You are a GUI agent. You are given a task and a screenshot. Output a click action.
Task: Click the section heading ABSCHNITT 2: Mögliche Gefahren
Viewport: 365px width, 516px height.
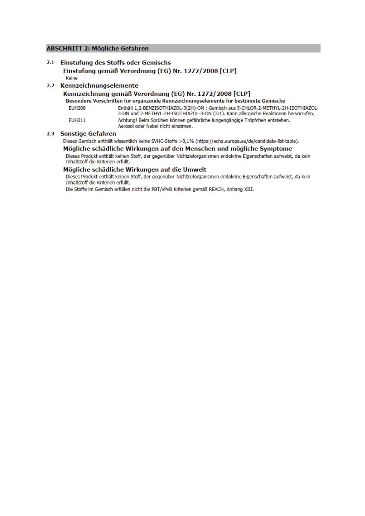(97, 48)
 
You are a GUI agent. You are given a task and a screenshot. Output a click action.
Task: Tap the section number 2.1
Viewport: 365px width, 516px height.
(50, 63)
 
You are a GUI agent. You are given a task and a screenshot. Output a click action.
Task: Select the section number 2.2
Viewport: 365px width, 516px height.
(50, 86)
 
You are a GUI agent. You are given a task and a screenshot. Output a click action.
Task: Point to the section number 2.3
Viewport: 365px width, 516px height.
(50, 134)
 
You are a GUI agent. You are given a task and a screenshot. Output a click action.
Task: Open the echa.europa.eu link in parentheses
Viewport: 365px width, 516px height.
(247, 141)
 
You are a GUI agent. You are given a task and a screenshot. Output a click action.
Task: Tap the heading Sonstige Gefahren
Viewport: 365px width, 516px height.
(88, 134)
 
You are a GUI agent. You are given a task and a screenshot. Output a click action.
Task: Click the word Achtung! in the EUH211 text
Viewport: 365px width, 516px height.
(127, 120)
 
